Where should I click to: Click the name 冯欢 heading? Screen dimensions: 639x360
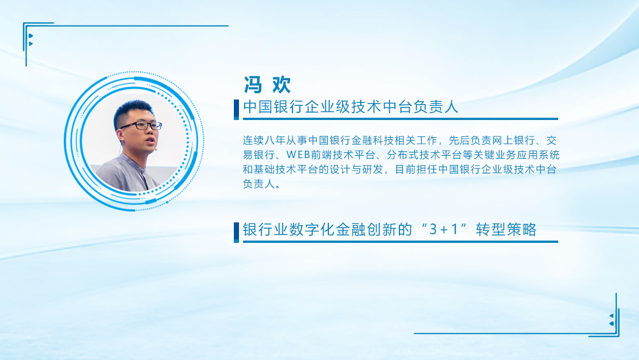coord(267,85)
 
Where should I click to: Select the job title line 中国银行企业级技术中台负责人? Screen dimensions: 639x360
coord(351,107)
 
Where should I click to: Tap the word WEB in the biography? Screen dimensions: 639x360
coord(298,155)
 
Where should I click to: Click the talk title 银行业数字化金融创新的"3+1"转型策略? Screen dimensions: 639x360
coord(390,229)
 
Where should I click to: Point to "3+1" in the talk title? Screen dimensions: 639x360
coord(444,229)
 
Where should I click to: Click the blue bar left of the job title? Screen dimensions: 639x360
coord(236,110)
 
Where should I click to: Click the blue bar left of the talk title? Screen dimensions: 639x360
coord(236,233)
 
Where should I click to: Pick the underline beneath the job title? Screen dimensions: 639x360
coord(401,119)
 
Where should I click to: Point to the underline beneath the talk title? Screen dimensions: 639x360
coord(401,242)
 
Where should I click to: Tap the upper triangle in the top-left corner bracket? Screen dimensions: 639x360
coord(31,36)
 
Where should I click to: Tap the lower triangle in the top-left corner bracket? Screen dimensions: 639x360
coord(31,44)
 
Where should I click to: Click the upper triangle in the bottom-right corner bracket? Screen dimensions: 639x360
coord(611,316)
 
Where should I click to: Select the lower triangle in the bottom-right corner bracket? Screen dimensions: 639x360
coord(611,324)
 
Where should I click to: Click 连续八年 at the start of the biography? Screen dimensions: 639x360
coord(264,140)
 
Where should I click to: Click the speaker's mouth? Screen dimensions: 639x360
coord(150,141)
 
